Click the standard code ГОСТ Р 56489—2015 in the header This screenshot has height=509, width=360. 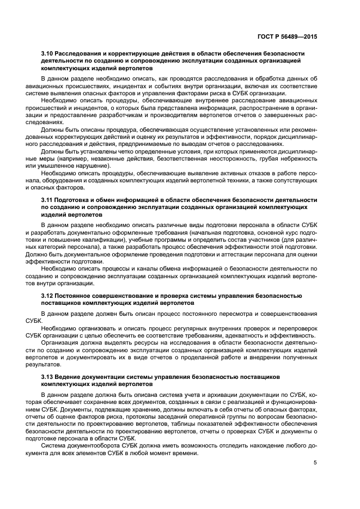(287, 36)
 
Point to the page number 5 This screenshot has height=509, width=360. (315, 463)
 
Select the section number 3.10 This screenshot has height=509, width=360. (47, 54)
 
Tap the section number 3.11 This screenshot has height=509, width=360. (47, 200)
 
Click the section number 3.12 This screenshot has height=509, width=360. (47, 295)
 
